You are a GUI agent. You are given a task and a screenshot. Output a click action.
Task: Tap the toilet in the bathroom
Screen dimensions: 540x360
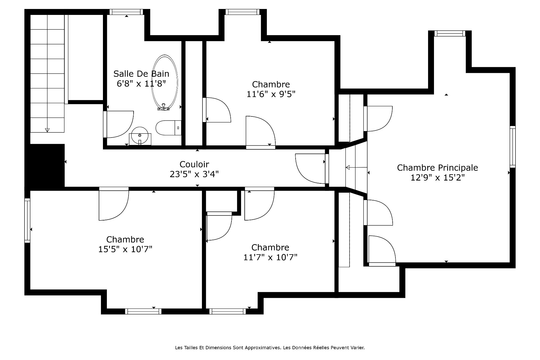click(x=168, y=128)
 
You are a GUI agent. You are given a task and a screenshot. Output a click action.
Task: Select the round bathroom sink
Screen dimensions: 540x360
click(x=140, y=135)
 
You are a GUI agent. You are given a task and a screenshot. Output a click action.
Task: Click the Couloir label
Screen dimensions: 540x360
click(x=194, y=164)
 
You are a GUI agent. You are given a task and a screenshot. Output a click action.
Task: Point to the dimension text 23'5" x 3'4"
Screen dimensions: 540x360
click(x=194, y=174)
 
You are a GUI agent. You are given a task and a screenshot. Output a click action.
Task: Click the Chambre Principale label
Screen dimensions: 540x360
click(x=438, y=168)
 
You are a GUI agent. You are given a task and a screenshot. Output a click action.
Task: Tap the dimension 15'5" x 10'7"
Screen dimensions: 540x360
click(x=125, y=249)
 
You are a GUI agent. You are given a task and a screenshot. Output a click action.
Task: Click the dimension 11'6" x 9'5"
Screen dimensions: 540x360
click(x=271, y=94)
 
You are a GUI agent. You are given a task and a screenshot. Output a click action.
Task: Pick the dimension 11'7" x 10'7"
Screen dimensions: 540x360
click(x=271, y=257)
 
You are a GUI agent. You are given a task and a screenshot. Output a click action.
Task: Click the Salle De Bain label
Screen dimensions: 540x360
click(x=141, y=74)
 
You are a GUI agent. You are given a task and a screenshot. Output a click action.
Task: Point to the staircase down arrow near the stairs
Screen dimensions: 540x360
click(x=47, y=130)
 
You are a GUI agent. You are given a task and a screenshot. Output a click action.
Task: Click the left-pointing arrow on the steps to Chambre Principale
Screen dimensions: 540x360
click(x=356, y=168)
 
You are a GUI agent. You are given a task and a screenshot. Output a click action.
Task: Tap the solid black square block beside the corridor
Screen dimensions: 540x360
click(x=45, y=166)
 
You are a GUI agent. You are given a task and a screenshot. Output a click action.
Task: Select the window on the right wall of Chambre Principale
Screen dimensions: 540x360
click(x=513, y=147)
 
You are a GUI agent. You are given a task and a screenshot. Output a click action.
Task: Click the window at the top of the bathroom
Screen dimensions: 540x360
click(x=126, y=12)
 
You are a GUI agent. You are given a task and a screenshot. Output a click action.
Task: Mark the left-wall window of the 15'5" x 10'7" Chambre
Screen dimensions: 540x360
click(x=27, y=220)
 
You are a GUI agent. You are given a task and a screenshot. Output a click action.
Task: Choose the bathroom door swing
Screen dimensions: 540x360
click(x=119, y=124)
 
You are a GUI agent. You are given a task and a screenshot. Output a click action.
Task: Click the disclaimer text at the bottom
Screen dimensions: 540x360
click(x=270, y=348)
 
